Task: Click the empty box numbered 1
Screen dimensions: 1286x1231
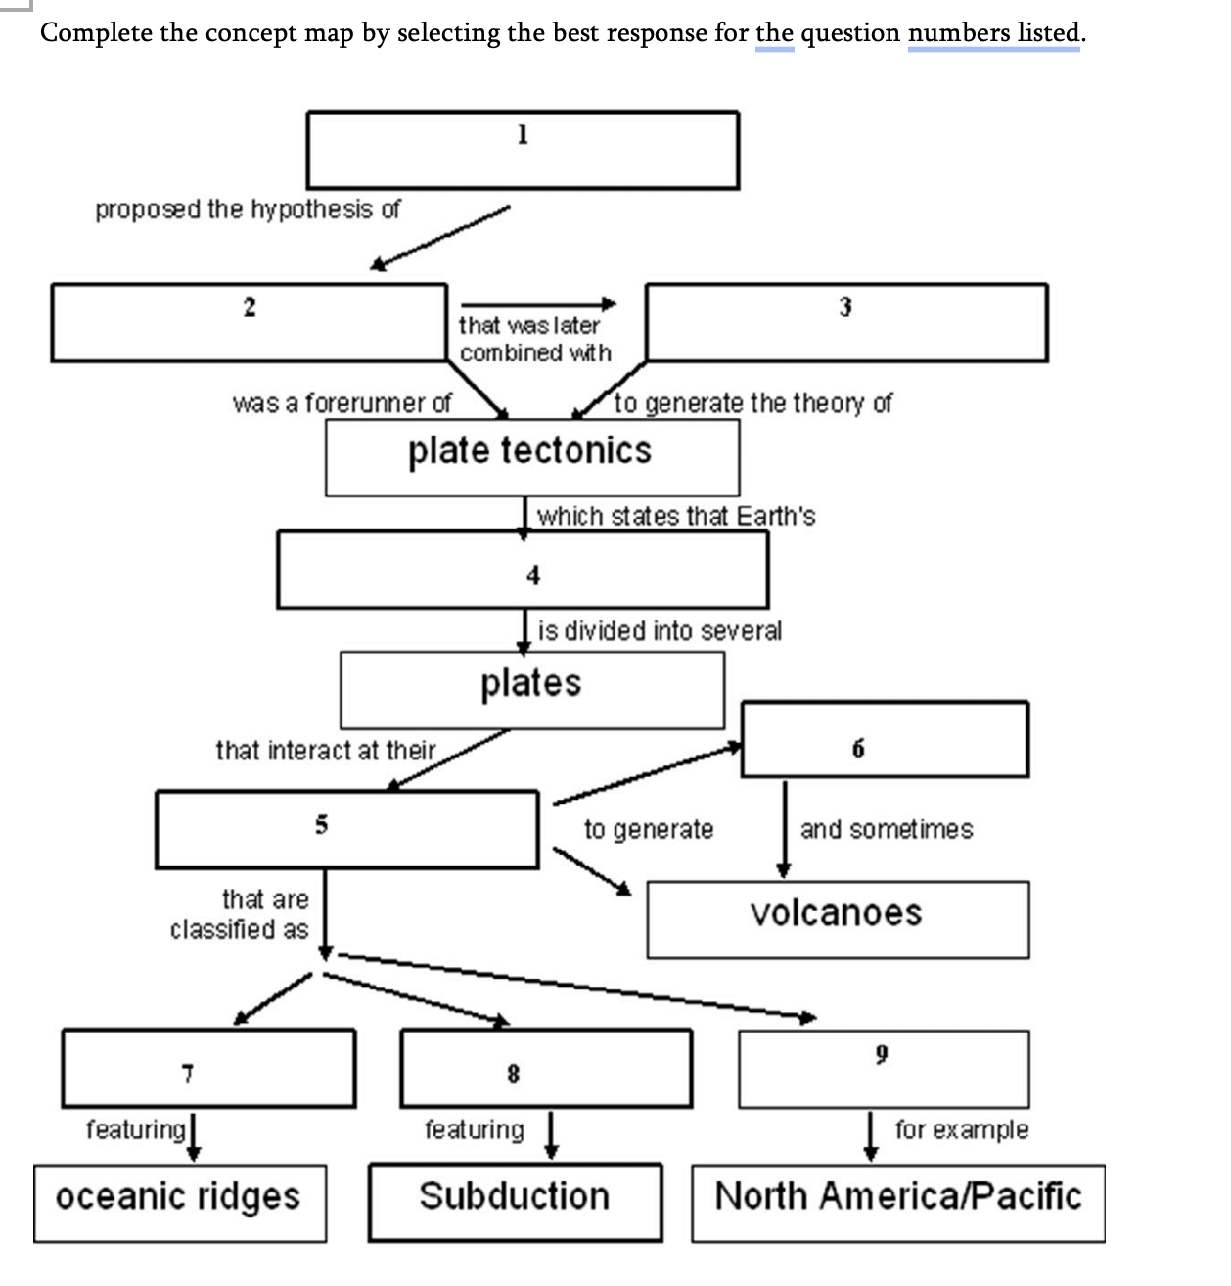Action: [x=523, y=150]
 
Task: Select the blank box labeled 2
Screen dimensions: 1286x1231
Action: [x=249, y=322]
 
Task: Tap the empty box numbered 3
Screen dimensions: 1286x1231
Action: [x=846, y=322]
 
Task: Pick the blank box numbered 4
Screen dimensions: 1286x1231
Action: [x=523, y=570]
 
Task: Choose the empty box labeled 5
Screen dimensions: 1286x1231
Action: [x=346, y=829]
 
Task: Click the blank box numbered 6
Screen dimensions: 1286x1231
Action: [x=885, y=740]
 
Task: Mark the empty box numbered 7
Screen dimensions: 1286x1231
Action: [x=208, y=1068]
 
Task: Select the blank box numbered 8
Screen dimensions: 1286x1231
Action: [x=546, y=1068]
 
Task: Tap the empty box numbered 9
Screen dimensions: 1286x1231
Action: [x=884, y=1068]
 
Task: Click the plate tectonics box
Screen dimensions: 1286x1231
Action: [x=531, y=457]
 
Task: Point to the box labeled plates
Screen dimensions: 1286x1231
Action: [x=531, y=689]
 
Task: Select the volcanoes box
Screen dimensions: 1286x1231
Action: [x=838, y=919]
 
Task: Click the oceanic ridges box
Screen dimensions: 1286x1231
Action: [x=180, y=1203]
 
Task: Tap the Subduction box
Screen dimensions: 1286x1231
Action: [x=515, y=1202]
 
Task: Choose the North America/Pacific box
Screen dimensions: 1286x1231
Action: [x=898, y=1203]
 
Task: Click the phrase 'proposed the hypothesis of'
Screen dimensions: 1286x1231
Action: [x=248, y=209]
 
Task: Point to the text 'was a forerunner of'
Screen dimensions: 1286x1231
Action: [x=342, y=403]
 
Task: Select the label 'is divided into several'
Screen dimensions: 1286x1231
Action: [x=660, y=631]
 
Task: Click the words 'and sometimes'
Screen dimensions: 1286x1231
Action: [x=887, y=830]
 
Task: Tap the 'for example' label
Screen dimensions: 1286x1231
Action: [x=961, y=1130]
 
